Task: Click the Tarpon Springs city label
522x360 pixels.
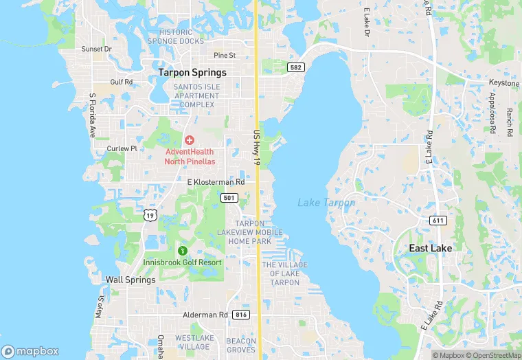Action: (192, 72)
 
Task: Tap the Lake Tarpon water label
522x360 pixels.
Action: (326, 203)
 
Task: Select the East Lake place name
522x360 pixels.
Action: (429, 248)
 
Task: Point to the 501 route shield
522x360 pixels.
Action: (229, 198)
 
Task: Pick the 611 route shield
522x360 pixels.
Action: (438, 221)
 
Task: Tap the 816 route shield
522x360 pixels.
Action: (240, 315)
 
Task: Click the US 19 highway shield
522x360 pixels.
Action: (150, 215)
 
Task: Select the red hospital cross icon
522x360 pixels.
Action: (189, 140)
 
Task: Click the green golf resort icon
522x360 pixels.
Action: (182, 251)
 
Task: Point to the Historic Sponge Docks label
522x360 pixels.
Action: (181, 36)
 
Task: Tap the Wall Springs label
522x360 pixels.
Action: (130, 280)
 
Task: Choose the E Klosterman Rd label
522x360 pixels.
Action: (216, 182)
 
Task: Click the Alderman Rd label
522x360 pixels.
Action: (205, 315)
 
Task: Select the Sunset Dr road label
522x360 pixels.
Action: (96, 49)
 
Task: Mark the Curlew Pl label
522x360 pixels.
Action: (122, 148)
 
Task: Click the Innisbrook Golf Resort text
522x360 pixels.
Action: (182, 262)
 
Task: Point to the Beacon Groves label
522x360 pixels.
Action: (241, 346)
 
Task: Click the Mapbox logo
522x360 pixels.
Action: (30, 351)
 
